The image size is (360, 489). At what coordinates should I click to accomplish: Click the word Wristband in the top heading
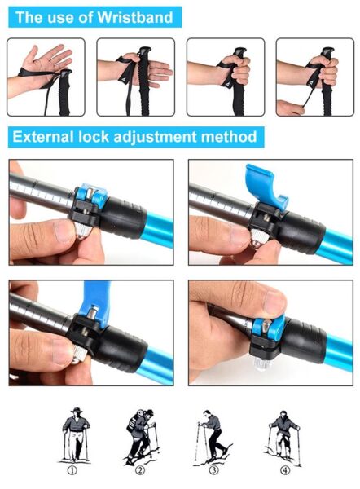(135, 17)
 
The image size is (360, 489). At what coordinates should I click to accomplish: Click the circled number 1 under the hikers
(73, 470)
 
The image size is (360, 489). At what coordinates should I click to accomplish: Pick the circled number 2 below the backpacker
(140, 470)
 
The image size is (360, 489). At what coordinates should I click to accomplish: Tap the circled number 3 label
(214, 470)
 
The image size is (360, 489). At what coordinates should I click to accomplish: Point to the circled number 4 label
(285, 470)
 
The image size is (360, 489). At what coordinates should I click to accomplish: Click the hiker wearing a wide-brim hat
(75, 434)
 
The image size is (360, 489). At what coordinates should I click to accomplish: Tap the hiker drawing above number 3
(213, 438)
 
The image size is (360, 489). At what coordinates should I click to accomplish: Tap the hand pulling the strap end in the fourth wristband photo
(289, 108)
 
